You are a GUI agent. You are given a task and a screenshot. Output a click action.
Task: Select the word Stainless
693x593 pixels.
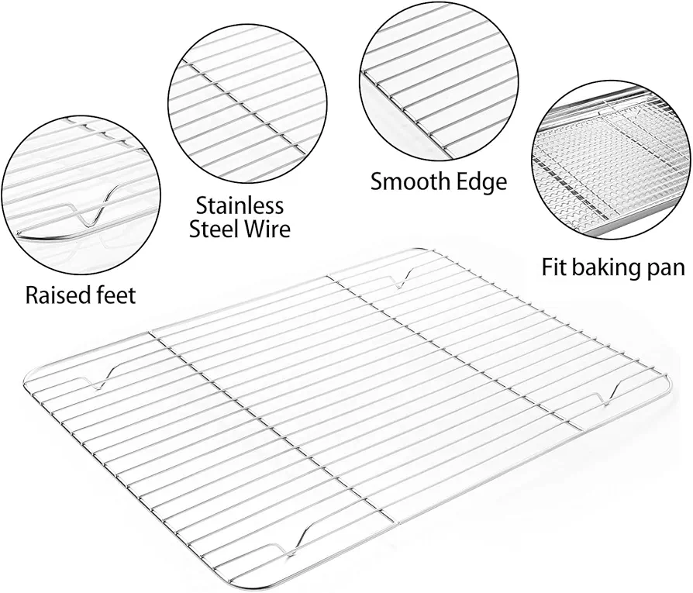[x=240, y=205]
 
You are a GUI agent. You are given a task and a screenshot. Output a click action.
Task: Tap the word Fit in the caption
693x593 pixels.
[x=554, y=267]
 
